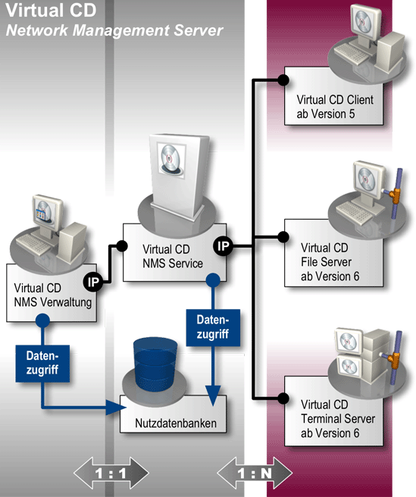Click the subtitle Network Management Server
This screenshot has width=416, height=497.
[x=114, y=30]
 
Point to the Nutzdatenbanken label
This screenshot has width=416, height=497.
[x=173, y=422]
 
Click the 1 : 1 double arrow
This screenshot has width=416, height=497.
[x=106, y=474]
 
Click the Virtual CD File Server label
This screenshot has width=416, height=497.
[x=331, y=261]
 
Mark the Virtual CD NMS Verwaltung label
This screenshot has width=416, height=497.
[x=52, y=296]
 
